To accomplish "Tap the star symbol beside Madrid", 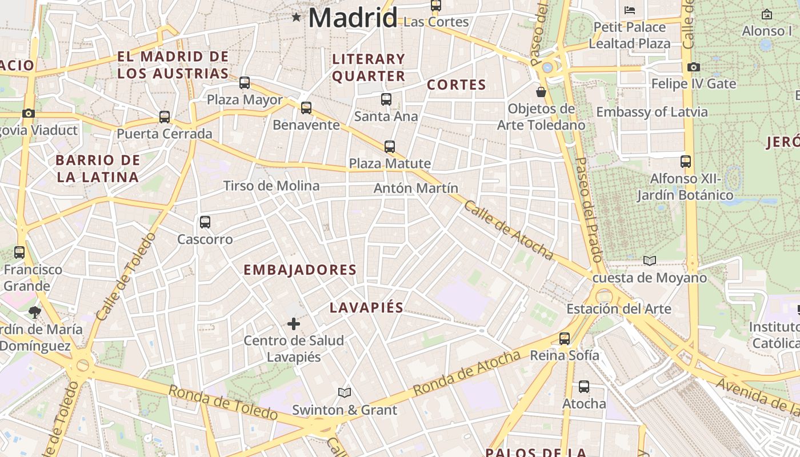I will point(296,17).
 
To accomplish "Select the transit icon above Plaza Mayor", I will point(245,83).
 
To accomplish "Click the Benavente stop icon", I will point(306,108).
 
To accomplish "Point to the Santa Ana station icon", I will point(386,99).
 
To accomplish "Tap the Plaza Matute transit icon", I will point(390,147).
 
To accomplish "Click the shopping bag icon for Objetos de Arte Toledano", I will point(541,92).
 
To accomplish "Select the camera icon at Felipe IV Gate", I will point(694,67).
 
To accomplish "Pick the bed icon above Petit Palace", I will point(630,10).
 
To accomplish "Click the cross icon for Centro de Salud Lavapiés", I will point(294,324).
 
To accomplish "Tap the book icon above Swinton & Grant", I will point(344,393).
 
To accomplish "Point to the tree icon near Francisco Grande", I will point(35,312).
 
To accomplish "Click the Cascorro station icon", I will point(205,222).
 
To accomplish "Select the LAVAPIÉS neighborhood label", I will point(366,308).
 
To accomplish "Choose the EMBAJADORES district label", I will point(300,270).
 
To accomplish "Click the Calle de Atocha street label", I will point(508,230).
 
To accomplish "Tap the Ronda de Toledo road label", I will point(223,402).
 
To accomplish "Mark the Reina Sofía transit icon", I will point(565,339).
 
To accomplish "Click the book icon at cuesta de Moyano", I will point(650,261).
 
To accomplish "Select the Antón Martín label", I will point(416,188).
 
